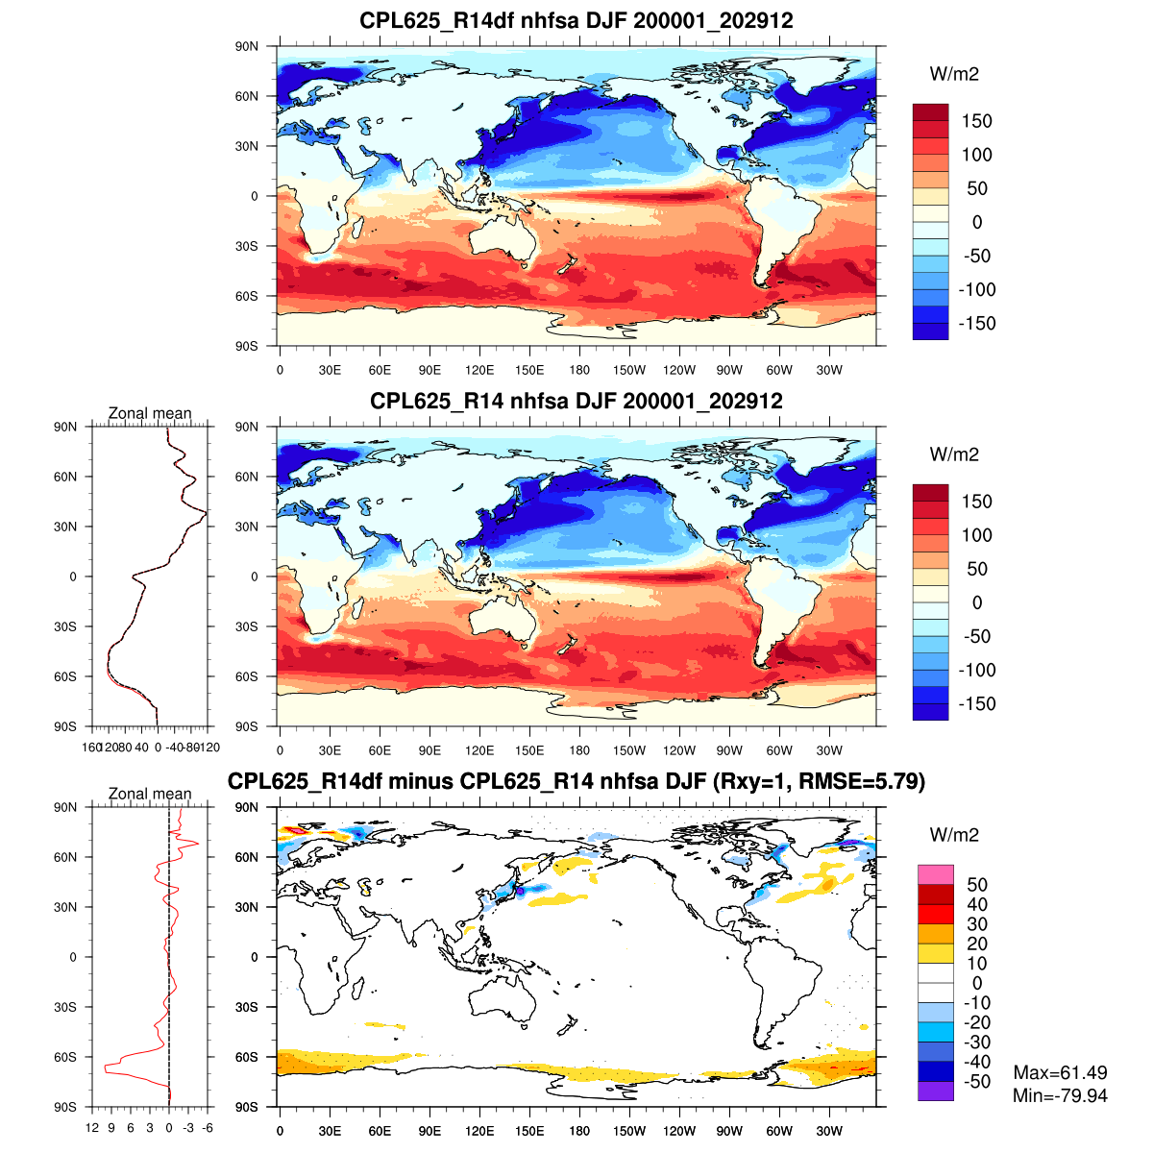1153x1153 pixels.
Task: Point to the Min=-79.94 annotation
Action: (1060, 1095)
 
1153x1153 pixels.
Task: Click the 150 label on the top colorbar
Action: (976, 121)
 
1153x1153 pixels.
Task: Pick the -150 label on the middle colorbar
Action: (976, 703)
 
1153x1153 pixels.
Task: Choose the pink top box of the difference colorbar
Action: (935, 874)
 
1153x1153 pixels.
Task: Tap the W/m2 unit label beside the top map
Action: (954, 75)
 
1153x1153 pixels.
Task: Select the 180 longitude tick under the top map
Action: (579, 371)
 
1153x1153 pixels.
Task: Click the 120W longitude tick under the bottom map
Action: (679, 1132)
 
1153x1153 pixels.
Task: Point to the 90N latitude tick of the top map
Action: (247, 46)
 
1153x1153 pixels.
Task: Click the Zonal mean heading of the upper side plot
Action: (150, 413)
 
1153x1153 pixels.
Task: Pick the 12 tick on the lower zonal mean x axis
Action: (92, 1128)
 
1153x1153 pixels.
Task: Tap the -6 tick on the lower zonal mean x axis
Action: (208, 1128)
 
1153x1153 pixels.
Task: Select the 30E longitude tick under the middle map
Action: (330, 751)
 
